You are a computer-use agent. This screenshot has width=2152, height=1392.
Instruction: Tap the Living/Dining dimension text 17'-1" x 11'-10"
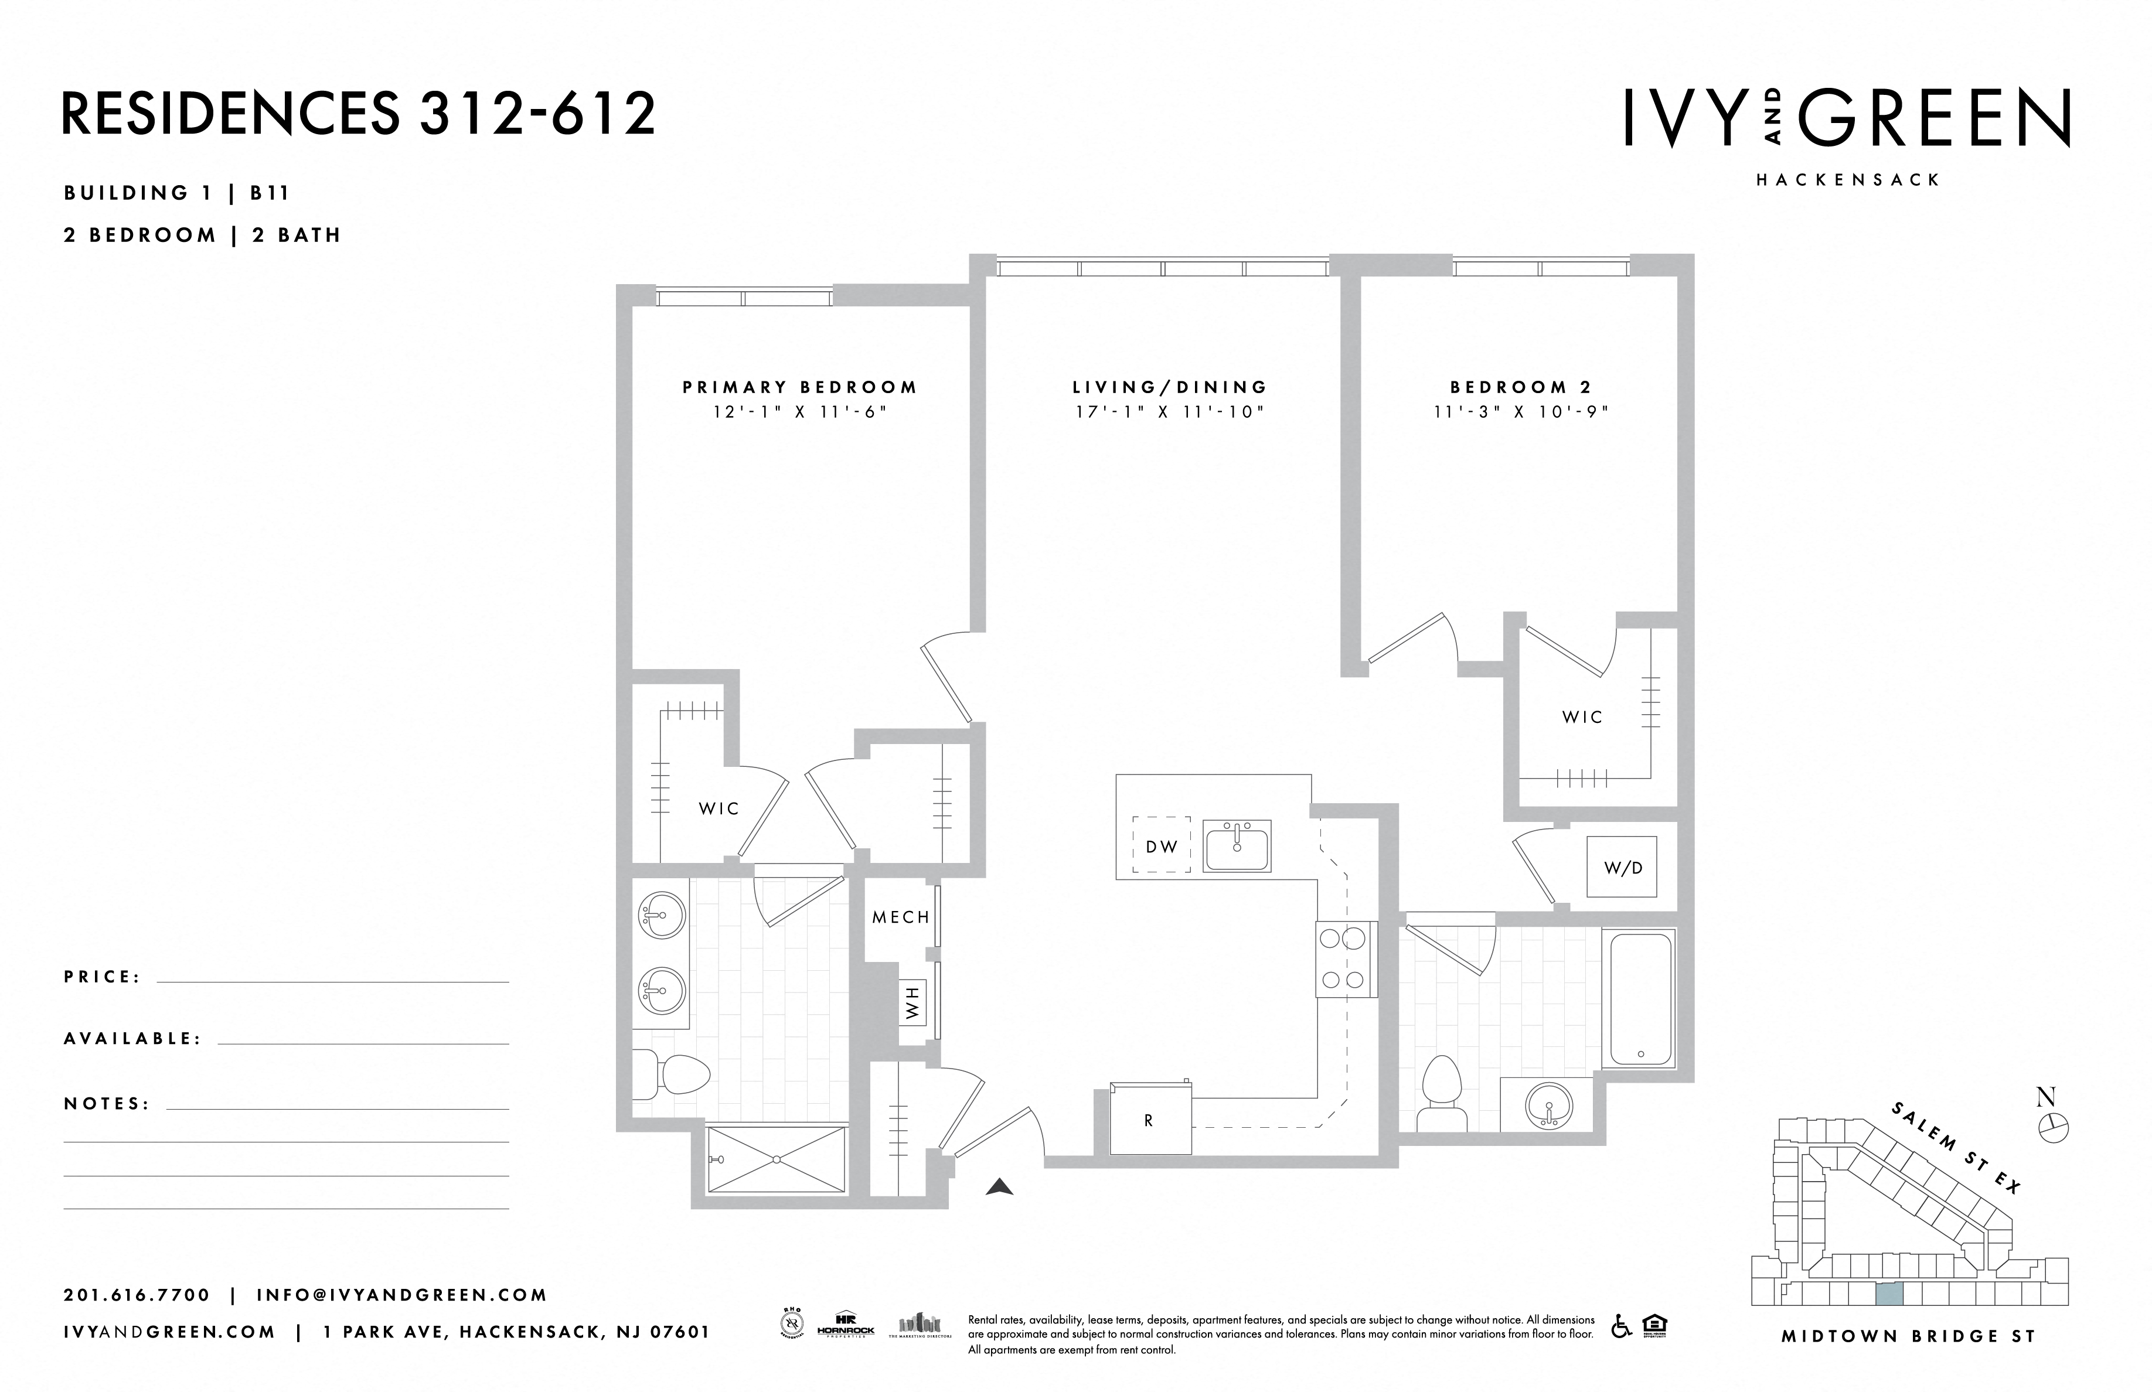1169,412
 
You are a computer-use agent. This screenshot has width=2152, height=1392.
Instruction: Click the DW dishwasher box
1162,846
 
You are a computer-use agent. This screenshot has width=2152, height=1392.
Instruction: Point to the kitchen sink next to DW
1237,846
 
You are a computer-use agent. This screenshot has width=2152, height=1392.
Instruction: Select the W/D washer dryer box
1622,868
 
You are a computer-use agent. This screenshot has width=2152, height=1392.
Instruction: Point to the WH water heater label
911,1002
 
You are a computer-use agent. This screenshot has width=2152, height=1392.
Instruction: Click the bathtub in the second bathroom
1640,999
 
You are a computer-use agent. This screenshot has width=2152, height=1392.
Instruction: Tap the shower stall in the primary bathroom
777,1159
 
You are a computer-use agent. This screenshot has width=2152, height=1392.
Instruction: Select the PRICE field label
102,977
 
